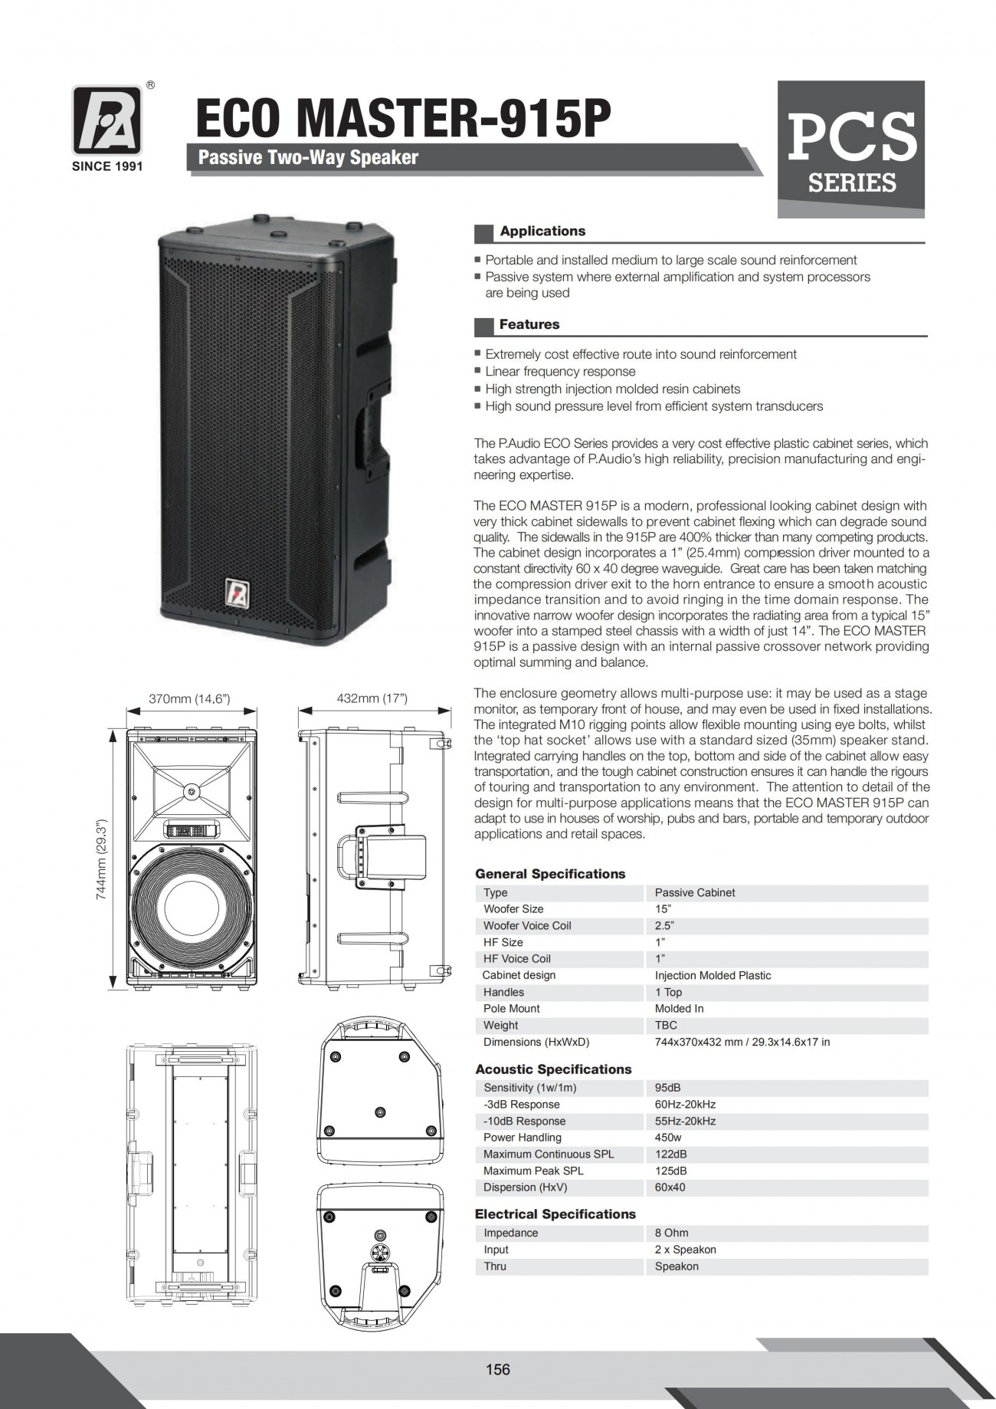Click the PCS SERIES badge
[851, 149]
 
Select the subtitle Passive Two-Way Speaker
[308, 158]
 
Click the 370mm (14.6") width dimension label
[189, 698]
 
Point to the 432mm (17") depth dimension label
[372, 698]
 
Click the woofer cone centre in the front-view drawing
[191, 905]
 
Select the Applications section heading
[542, 232]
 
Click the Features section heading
[529, 325]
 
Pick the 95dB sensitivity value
[667, 1088]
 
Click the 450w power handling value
[668, 1138]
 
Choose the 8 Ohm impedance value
[671, 1233]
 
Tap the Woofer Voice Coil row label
[527, 925]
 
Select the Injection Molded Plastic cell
[713, 975]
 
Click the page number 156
[497, 1369]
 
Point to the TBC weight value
[666, 1025]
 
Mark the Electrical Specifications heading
[555, 1214]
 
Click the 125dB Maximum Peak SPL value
[670, 1171]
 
